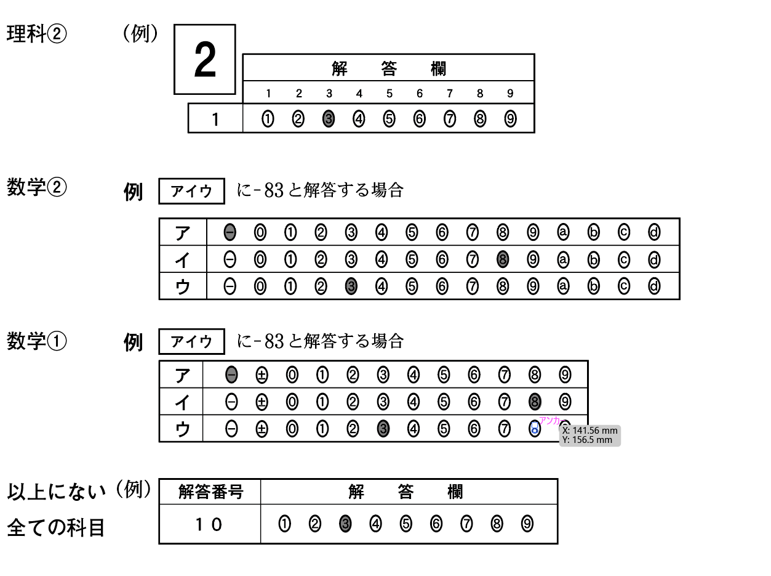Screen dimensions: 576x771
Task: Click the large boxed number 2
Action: (205, 60)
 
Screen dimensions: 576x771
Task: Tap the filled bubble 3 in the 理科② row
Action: (329, 120)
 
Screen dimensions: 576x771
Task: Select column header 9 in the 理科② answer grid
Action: (510, 94)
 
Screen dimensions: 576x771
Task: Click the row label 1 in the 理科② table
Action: (215, 120)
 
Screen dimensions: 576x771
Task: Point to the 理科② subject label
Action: (36, 34)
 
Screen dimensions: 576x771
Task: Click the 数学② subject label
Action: (36, 187)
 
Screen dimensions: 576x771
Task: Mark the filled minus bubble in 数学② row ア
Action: (230, 232)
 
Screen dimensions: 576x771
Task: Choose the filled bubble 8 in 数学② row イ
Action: (503, 260)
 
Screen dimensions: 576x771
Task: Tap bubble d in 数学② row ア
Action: (654, 232)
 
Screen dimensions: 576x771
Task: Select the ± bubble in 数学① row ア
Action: (262, 375)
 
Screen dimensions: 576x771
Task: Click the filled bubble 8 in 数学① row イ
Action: (535, 402)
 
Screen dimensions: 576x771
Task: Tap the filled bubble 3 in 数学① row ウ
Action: (383, 429)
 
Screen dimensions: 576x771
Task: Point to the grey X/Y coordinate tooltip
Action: (589, 435)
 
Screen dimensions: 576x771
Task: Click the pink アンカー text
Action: (553, 421)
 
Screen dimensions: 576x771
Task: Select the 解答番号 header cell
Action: (210, 492)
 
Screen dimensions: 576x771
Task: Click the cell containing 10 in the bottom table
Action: (209, 524)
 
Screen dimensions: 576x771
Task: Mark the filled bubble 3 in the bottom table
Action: (345, 524)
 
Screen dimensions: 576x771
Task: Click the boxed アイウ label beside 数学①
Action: (191, 342)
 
